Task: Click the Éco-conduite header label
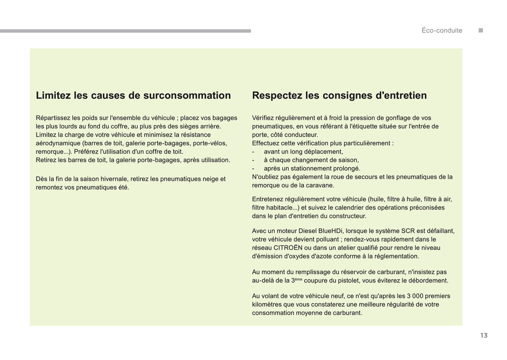point(442,31)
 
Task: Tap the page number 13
point(484,335)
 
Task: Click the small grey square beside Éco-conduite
point(481,31)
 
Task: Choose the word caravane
point(320,185)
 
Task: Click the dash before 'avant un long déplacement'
point(253,152)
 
